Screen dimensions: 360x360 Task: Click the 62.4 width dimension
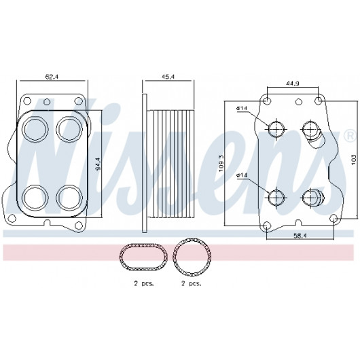pos(52,77)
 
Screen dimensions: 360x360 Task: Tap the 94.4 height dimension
pos(98,164)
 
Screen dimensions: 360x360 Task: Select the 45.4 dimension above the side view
pos(168,77)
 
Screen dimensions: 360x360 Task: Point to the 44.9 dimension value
pos(292,84)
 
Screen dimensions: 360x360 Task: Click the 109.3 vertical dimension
pos(221,164)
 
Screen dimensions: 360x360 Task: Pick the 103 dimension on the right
pos(354,160)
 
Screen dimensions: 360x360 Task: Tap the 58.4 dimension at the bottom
pos(300,235)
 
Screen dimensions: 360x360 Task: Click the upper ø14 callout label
pos(242,108)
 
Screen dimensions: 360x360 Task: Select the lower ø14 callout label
pos(242,175)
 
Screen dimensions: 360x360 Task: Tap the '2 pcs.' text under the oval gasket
pos(144,283)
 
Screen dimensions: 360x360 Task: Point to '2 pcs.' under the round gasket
pos(191,283)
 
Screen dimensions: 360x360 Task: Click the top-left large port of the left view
pos(35,129)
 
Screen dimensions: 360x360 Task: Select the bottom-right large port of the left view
pos(69,198)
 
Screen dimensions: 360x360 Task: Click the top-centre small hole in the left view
pos(47,101)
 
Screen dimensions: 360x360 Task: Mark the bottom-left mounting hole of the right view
pos(266,226)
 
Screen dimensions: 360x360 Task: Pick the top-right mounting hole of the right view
pos(318,101)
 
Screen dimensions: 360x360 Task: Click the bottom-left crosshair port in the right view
pos(276,197)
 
